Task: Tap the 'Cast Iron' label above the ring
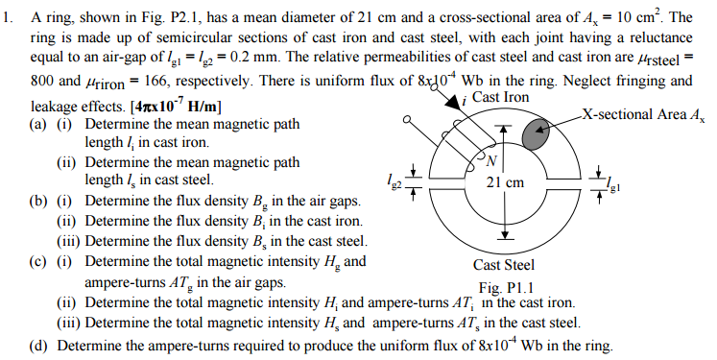500,98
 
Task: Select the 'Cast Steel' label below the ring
504,266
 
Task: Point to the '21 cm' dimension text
506,181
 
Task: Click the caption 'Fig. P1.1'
504,287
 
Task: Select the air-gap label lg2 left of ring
389,179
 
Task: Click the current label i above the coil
465,99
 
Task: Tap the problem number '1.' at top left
9,18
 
